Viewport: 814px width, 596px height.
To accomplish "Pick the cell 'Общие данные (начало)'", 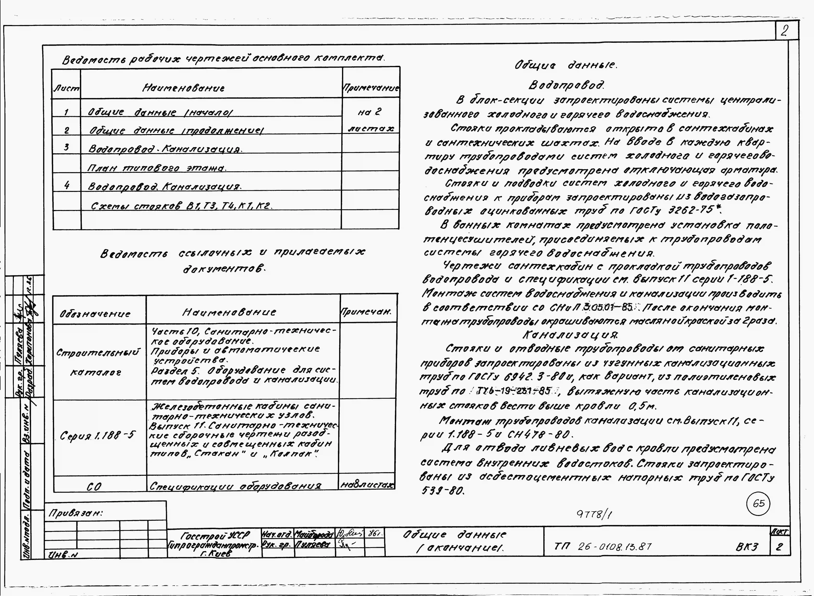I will [x=160, y=112].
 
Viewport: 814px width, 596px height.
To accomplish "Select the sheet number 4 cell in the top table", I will [x=67, y=185].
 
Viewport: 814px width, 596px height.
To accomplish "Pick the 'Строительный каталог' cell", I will [x=98, y=362].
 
